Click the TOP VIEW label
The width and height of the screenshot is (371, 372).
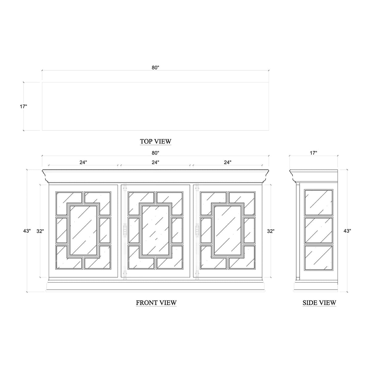156,142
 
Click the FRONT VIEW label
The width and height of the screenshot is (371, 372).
156,303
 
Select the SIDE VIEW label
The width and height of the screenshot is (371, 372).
319,303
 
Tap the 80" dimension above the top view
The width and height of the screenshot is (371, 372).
155,68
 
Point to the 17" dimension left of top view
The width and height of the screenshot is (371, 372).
23,107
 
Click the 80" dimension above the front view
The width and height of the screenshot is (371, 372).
155,153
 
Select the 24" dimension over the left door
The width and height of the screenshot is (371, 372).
83,162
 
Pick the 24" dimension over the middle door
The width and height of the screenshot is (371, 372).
155,162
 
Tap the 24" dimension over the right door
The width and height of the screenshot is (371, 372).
228,162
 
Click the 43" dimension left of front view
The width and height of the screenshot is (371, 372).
27,231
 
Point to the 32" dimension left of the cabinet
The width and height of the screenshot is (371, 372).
40,231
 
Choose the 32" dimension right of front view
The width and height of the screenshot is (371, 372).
271,231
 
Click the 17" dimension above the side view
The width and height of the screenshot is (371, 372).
313,153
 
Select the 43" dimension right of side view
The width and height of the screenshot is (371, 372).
347,231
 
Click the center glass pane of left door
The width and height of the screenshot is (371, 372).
83,230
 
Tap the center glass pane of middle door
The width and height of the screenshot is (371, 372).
155,230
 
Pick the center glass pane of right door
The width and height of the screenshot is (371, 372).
228,230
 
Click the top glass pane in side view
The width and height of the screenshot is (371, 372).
319,203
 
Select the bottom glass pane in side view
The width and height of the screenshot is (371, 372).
319,258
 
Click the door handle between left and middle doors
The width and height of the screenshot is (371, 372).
125,230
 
